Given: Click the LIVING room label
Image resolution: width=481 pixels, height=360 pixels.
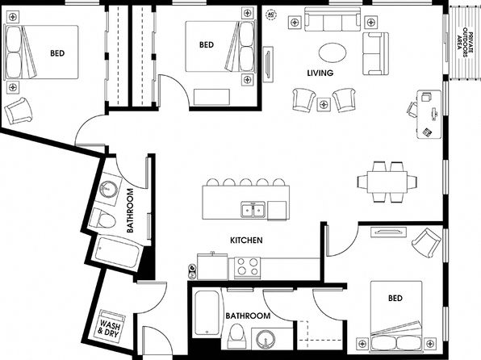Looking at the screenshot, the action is click(x=320, y=73).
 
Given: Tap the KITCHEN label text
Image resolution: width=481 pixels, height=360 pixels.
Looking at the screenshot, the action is click(x=246, y=240).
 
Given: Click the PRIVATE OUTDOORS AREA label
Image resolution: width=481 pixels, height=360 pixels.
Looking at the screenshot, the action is click(x=464, y=43).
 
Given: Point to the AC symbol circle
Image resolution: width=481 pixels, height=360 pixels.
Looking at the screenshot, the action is click(x=270, y=15).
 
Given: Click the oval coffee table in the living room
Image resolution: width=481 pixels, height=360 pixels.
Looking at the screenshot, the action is click(x=333, y=52).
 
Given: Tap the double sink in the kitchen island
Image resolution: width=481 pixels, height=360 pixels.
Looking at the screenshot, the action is click(x=253, y=210).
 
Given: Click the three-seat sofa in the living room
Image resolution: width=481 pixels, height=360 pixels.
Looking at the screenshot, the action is click(x=333, y=19).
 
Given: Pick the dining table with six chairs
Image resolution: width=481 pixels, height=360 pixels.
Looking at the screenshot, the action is click(x=387, y=182).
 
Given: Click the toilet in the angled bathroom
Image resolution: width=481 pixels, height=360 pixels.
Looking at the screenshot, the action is click(x=102, y=219).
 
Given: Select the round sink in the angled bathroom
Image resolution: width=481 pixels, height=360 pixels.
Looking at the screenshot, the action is click(x=108, y=189).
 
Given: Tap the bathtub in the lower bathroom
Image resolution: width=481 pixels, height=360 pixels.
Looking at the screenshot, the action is click(x=207, y=313).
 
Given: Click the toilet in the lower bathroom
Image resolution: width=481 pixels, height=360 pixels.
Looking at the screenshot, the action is click(x=236, y=336).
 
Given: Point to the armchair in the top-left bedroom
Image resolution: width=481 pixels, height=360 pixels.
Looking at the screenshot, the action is click(x=18, y=111).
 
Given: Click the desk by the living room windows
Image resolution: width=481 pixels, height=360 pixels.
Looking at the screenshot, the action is click(x=429, y=114).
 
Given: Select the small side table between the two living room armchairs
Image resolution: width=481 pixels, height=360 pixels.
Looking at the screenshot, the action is click(x=324, y=104).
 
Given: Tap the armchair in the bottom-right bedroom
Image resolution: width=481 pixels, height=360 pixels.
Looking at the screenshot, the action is click(x=427, y=243).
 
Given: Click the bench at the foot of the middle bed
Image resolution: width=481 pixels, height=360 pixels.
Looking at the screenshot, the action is click(x=211, y=97).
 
